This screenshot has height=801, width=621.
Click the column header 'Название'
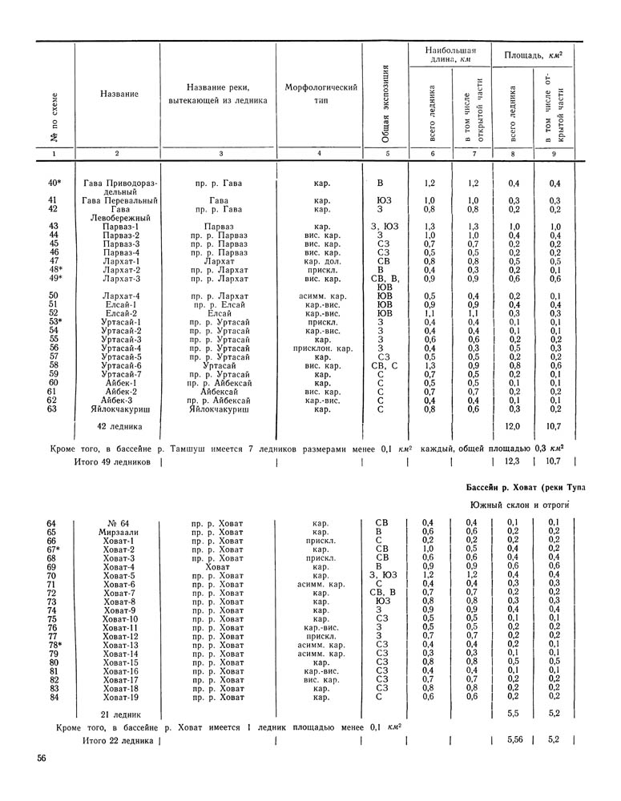pyautogui.click(x=118, y=95)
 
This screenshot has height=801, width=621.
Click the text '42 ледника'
pyautogui.click(x=119, y=426)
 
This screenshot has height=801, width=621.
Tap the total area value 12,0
pyautogui.click(x=513, y=426)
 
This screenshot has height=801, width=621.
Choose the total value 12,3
pyautogui.click(x=513, y=462)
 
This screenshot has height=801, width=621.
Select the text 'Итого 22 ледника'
pyautogui.click(x=117, y=741)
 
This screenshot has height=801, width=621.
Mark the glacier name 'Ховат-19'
pyautogui.click(x=119, y=697)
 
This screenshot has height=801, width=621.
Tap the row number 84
pyautogui.click(x=53, y=697)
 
